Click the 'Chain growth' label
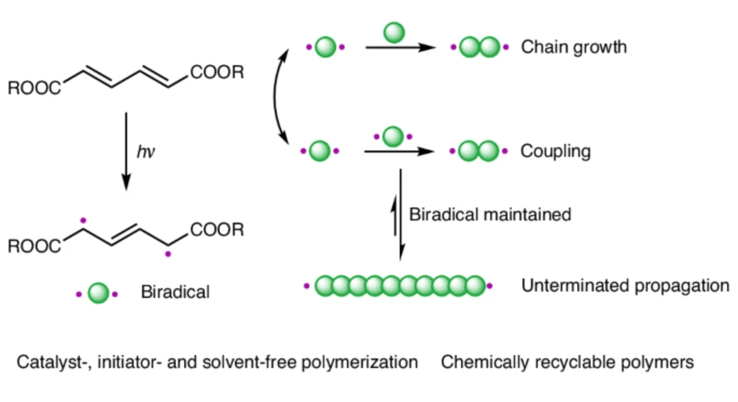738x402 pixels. click(574, 47)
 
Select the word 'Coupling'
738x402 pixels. click(555, 151)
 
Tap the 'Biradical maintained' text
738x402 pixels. click(490, 214)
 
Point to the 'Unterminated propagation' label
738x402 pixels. click(625, 286)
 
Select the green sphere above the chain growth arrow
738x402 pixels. click(394, 32)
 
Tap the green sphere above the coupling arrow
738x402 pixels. click(393, 136)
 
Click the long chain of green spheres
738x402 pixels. click(399, 286)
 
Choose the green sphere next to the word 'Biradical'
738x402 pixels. click(98, 293)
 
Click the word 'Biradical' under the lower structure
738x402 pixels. click(175, 293)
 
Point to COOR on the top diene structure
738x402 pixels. click(217, 72)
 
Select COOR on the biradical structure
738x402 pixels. click(217, 230)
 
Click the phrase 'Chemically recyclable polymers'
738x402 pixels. click(567, 362)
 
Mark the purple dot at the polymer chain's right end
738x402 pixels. click(490, 286)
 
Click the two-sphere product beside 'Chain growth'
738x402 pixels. click(479, 47)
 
